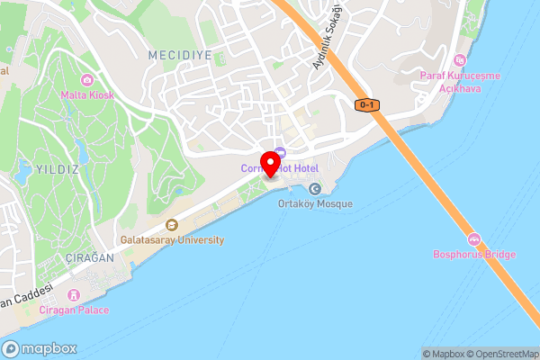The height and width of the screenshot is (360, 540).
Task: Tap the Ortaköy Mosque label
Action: click(x=315, y=204)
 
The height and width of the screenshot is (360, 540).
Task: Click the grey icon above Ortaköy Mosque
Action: click(x=314, y=188)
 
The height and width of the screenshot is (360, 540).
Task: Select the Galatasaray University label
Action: click(x=173, y=240)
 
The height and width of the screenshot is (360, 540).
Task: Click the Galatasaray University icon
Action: click(x=172, y=225)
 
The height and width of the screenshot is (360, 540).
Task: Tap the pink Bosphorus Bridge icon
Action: click(x=473, y=239)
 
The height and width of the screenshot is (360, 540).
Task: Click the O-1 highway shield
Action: click(x=367, y=105)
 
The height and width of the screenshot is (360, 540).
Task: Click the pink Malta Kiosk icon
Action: click(x=85, y=79)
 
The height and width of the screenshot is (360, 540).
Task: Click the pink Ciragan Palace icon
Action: click(x=74, y=295)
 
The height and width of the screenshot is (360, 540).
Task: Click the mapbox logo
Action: click(x=40, y=348)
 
